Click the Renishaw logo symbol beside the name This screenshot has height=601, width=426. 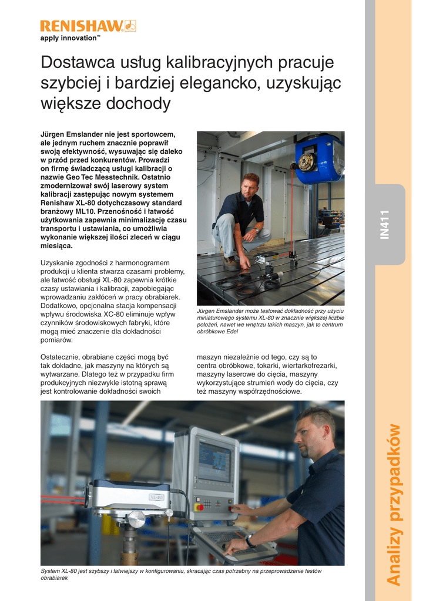coord(129,26)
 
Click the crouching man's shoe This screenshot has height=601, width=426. coord(230,264)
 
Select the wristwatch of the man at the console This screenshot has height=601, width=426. coord(250,541)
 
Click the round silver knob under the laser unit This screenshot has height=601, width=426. coord(136,519)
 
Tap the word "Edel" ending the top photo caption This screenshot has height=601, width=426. coord(231,332)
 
